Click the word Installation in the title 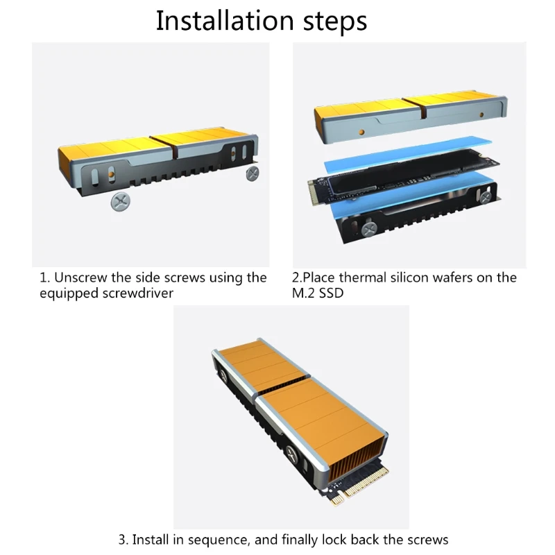click(x=225, y=21)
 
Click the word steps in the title click(x=335, y=22)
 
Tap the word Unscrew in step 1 click(x=80, y=277)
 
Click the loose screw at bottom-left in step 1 click(x=120, y=202)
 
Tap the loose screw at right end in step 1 click(x=253, y=173)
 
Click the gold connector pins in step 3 click(x=365, y=481)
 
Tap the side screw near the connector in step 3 click(x=292, y=454)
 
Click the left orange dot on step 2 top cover click(x=361, y=133)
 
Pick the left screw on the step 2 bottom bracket click(x=369, y=230)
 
